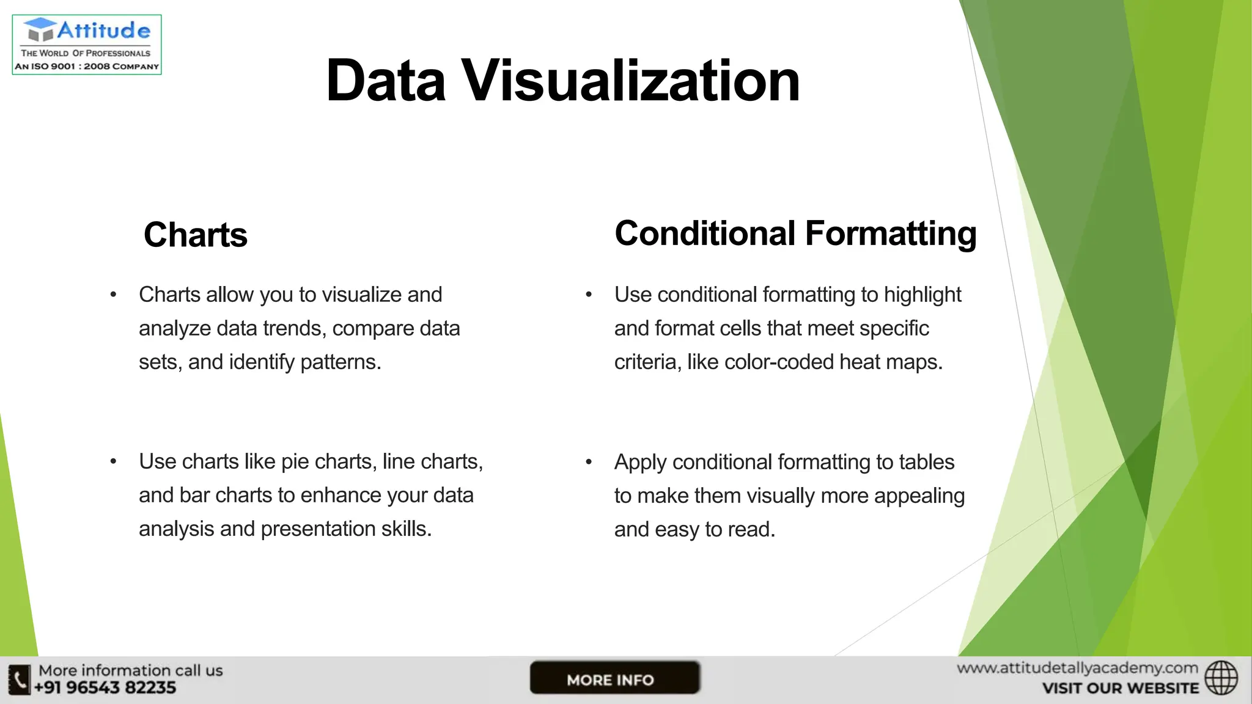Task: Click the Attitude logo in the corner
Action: coord(87,44)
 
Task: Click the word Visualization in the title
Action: coord(630,81)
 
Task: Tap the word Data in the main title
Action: coord(386,81)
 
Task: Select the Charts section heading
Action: coord(195,235)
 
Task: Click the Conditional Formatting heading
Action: coord(795,233)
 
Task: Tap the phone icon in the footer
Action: coord(19,680)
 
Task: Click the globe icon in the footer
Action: coord(1221,678)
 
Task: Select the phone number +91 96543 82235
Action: coord(105,688)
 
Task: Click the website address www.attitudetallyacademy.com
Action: coord(1077,669)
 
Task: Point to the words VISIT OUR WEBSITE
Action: coord(1121,689)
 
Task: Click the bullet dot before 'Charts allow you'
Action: coord(113,295)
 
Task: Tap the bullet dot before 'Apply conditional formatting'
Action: coord(589,462)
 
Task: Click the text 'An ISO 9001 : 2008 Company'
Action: coord(87,67)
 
